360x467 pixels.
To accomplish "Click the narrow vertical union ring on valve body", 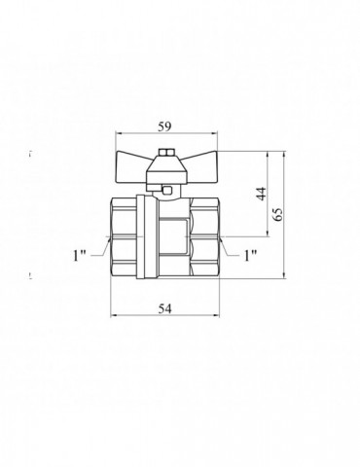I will pos(146,238).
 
